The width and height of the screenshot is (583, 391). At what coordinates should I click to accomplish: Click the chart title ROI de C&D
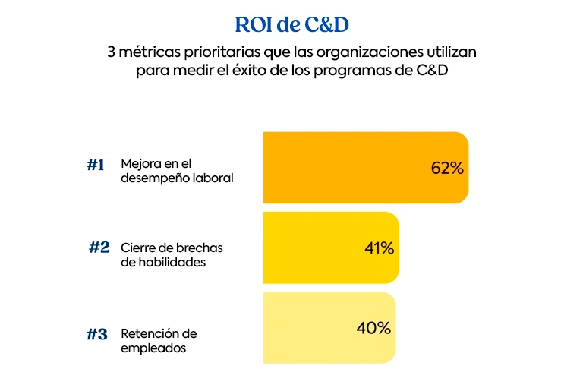click(x=291, y=25)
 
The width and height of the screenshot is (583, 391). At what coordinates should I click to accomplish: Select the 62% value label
click(x=447, y=169)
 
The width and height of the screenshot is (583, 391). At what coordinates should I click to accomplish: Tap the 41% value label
click(x=379, y=248)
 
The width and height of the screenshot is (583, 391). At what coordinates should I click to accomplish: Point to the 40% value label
click(x=373, y=328)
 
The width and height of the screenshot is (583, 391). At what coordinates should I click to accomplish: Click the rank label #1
click(x=95, y=165)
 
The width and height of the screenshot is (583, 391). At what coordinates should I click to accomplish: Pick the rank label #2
click(x=99, y=248)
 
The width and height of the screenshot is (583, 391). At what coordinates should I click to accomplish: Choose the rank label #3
click(x=96, y=334)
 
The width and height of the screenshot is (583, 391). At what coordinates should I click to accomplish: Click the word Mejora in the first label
click(x=140, y=164)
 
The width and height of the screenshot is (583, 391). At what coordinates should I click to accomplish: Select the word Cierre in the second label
click(x=138, y=248)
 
